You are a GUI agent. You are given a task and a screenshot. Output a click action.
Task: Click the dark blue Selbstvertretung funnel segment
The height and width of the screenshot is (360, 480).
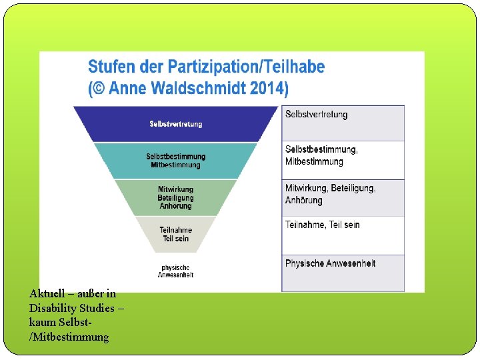(175, 124)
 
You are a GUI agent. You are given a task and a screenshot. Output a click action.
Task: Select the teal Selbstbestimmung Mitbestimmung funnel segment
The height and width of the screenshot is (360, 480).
(175, 161)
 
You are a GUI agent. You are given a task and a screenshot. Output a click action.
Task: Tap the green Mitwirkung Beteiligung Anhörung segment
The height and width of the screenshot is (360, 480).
(175, 197)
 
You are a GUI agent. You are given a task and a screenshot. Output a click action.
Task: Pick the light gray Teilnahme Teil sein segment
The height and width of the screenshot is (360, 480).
(175, 234)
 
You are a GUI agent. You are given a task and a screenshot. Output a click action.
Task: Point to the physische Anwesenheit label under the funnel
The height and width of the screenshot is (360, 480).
(175, 271)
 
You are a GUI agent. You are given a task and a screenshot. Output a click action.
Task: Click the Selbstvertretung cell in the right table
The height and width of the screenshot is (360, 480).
(343, 123)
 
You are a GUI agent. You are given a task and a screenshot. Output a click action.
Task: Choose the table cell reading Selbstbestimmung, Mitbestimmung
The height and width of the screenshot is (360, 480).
(343, 159)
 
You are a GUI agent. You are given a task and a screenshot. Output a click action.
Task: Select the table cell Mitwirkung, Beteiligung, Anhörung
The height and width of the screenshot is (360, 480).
(343, 197)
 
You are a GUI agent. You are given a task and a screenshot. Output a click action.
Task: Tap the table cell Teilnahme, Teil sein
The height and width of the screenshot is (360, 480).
(343, 235)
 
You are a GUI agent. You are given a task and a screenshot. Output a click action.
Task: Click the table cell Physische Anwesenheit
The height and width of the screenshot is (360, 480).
(343, 272)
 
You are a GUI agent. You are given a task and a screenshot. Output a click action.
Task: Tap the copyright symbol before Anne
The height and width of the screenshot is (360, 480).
(102, 88)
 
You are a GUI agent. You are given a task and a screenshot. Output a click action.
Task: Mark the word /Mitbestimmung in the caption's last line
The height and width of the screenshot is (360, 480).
(69, 337)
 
